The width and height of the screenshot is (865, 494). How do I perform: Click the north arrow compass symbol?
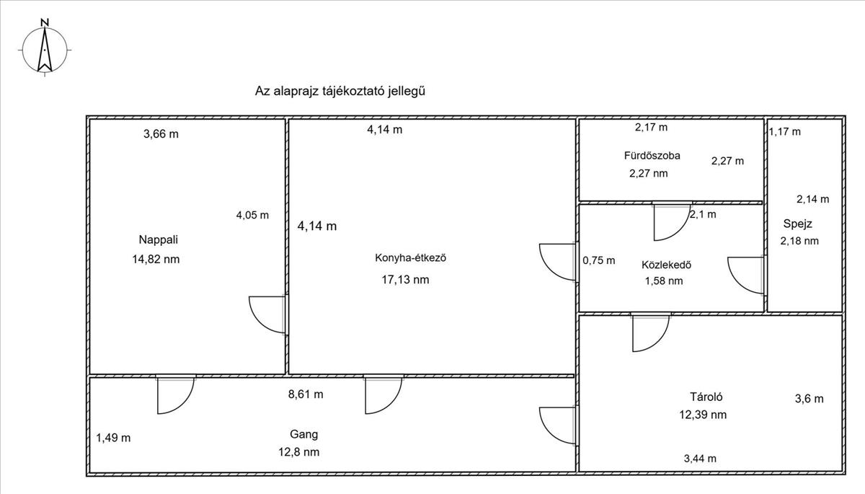45,48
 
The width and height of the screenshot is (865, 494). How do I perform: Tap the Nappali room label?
159,240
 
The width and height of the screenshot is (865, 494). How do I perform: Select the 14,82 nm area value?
156,259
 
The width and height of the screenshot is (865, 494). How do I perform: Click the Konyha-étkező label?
410,257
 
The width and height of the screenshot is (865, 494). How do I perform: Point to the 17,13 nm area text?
405,280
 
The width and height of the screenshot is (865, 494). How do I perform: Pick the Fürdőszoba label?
652,156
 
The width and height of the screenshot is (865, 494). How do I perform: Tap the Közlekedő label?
667,265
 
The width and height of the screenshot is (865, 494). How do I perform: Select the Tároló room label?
706,397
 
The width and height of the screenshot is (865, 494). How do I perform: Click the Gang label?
304,435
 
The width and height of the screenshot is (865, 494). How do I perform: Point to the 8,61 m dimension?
306,394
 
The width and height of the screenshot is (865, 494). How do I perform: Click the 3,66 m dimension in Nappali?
161,134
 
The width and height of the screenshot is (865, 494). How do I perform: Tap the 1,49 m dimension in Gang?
113,438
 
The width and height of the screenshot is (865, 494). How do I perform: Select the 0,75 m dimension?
599,261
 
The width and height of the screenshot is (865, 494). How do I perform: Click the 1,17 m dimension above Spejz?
785,132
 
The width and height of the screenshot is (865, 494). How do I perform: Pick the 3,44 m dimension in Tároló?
700,459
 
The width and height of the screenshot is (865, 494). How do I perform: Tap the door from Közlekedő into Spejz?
746,275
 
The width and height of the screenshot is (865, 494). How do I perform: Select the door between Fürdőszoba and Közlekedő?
672,221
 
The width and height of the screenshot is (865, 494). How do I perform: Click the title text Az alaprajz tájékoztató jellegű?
340,91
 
